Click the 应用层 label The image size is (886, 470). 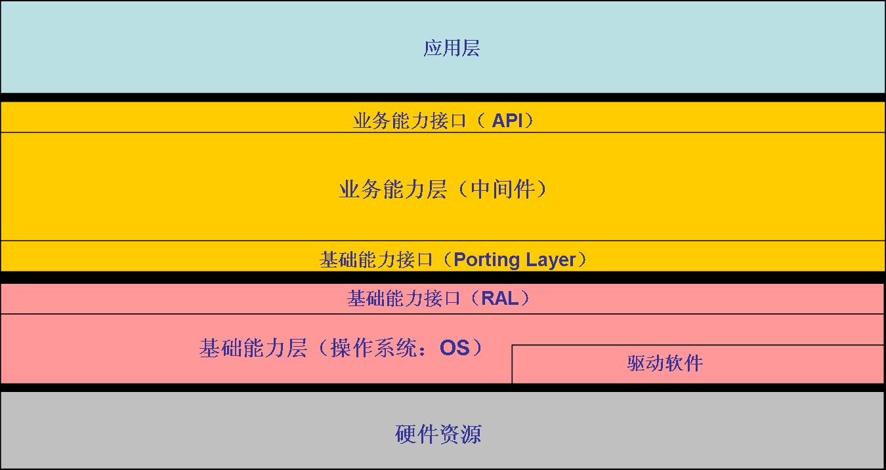[x=452, y=49]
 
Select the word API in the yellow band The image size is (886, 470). [x=509, y=121]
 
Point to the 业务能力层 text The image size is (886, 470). [x=392, y=189]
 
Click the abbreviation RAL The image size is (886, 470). [x=499, y=299]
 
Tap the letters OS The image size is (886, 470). [x=454, y=347]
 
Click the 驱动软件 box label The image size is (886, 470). [x=665, y=363]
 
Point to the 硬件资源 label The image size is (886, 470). [x=438, y=434]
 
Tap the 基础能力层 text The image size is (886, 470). [x=253, y=348]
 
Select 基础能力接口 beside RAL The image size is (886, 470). [x=404, y=299]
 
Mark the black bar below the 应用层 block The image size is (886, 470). [x=443, y=97]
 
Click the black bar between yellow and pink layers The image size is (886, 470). [x=443, y=277]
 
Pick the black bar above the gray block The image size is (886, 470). [x=443, y=387]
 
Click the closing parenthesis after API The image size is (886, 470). [x=529, y=121]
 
